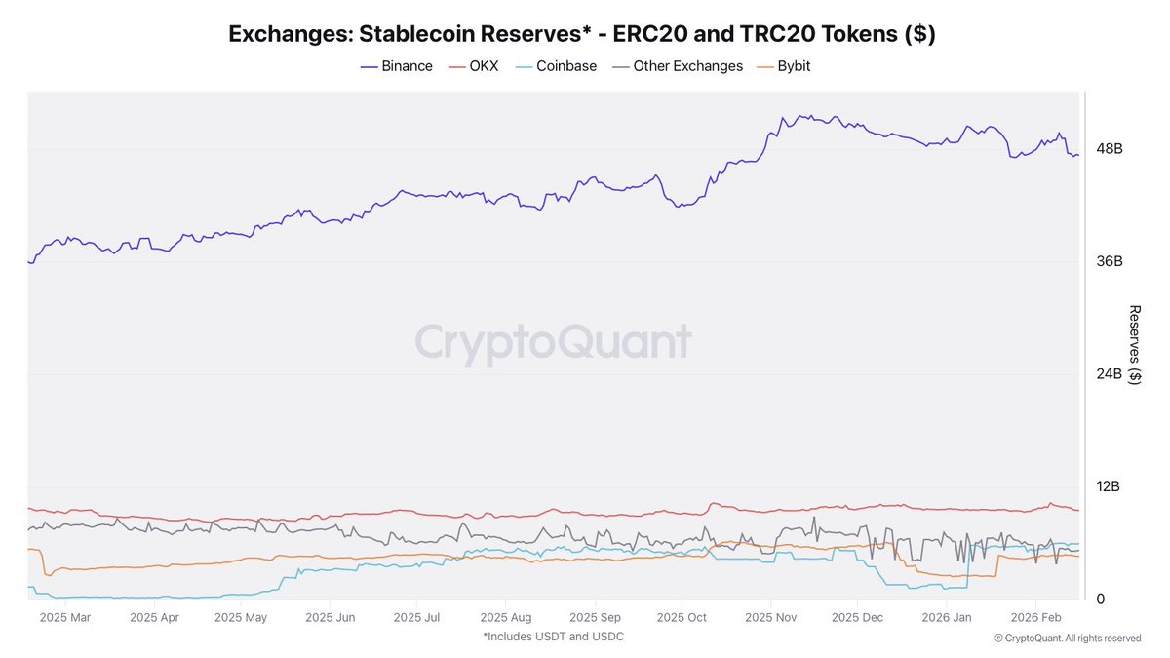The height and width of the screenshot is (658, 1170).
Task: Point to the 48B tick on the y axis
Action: point(1110,149)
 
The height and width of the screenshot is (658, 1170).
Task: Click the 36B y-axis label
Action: point(1110,261)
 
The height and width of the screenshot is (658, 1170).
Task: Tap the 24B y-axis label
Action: point(1110,374)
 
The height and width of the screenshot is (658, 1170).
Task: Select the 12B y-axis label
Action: point(1110,486)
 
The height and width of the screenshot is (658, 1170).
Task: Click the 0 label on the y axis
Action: point(1101,599)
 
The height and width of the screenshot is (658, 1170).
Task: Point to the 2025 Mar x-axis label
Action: point(65,617)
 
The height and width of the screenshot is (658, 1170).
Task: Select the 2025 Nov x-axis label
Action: point(771,617)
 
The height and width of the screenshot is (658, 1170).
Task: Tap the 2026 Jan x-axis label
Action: point(947,617)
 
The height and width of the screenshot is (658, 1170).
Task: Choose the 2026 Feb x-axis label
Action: point(1036,617)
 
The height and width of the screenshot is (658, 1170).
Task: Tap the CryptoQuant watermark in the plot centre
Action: point(553,343)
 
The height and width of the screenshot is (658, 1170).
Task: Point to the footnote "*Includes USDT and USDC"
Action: point(553,637)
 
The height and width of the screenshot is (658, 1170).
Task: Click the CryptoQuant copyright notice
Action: point(1068,639)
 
